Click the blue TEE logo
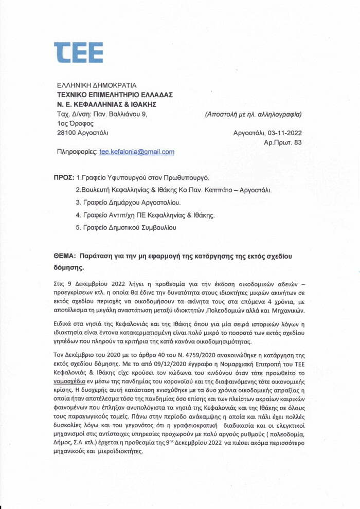click(x=78, y=52)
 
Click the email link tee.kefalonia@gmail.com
click(x=137, y=152)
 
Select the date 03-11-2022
click(x=283, y=133)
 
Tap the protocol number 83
click(x=297, y=142)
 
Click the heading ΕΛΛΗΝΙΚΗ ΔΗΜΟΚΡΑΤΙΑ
click(x=97, y=85)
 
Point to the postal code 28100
click(x=66, y=133)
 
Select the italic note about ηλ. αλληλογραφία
click(x=253, y=114)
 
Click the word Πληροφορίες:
click(x=77, y=152)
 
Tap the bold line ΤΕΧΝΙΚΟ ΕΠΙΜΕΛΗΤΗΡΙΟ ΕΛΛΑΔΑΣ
click(x=115, y=95)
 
